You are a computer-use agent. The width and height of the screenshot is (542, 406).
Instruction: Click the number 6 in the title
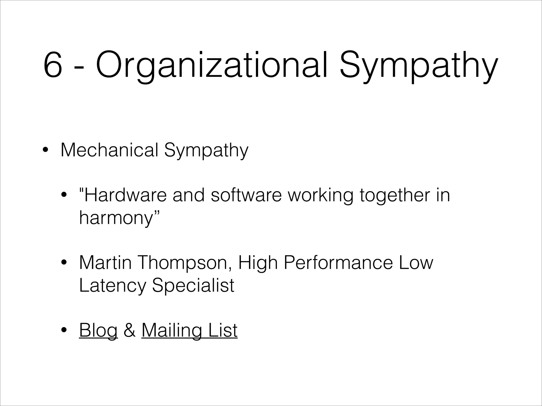53,65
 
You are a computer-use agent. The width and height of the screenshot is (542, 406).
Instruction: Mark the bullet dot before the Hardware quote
64,195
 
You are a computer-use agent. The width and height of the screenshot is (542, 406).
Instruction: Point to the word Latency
112,285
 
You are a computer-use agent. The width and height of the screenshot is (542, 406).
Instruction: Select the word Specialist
193,285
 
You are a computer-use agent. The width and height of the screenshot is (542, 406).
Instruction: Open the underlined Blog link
98,330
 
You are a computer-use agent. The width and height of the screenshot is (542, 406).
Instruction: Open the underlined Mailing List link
189,330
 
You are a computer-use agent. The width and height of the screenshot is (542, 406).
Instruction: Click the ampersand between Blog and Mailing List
130,330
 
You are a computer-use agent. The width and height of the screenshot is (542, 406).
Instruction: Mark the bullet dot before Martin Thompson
64,263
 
